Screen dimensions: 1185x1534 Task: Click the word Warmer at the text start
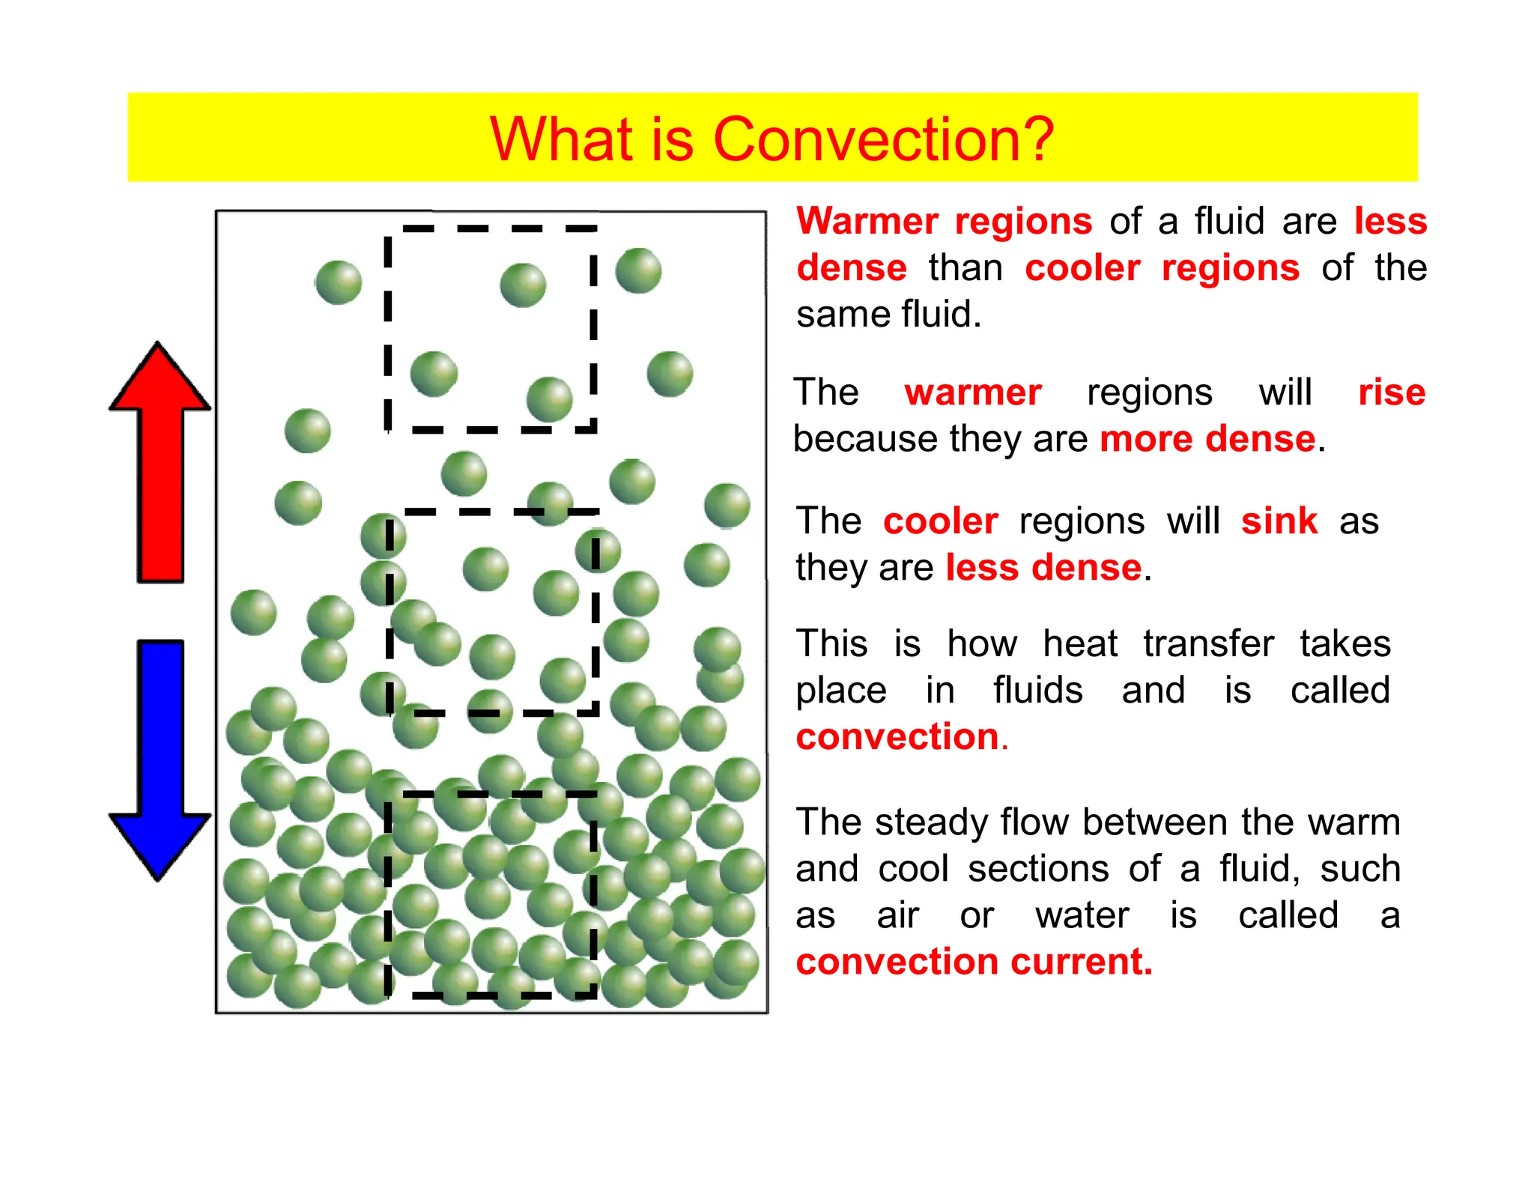click(867, 222)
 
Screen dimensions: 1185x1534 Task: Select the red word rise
click(1392, 393)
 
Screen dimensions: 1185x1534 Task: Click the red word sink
click(1279, 521)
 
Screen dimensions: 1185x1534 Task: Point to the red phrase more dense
click(1207, 439)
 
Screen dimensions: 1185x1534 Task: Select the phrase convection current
click(974, 962)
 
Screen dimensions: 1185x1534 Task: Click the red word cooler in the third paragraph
click(940, 521)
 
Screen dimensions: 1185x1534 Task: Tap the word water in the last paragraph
click(1082, 915)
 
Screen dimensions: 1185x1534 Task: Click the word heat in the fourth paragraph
click(1079, 644)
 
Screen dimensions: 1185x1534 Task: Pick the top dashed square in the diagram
click(491, 330)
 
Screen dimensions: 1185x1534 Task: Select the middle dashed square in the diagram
click(492, 613)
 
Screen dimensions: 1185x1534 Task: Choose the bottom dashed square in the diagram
click(491, 894)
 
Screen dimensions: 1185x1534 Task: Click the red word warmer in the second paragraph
click(973, 393)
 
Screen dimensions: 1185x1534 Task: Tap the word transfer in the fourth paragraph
click(1208, 644)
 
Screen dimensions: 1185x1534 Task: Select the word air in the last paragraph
click(897, 915)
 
